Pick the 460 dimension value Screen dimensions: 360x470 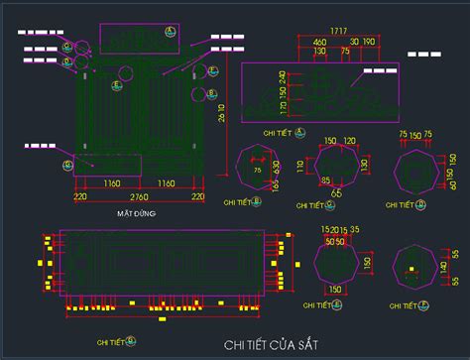(x=320, y=42)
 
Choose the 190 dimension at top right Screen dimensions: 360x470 (x=369, y=42)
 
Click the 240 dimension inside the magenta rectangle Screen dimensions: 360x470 (x=281, y=77)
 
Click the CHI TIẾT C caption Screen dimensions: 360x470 (x=318, y=207)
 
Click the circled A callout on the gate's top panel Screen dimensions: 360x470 (x=170, y=34)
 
